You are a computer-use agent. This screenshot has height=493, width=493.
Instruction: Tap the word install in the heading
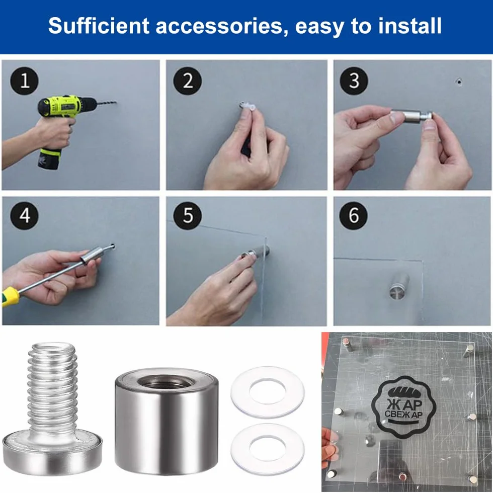(409, 26)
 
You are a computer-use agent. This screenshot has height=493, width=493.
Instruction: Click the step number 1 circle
(25, 81)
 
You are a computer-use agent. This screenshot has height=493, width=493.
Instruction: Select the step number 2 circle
(188, 81)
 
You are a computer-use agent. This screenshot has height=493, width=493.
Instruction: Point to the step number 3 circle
(354, 81)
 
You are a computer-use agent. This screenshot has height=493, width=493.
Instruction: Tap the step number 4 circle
(25, 216)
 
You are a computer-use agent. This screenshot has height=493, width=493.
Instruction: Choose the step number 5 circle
(188, 216)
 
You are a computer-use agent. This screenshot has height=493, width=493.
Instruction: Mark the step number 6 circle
(353, 216)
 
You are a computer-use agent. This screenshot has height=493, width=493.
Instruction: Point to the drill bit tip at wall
(116, 102)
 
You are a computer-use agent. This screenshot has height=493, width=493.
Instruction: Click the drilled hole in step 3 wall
(459, 82)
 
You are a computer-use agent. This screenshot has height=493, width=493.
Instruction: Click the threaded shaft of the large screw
(52, 386)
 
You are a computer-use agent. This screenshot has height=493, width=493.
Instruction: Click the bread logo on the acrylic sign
(403, 406)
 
